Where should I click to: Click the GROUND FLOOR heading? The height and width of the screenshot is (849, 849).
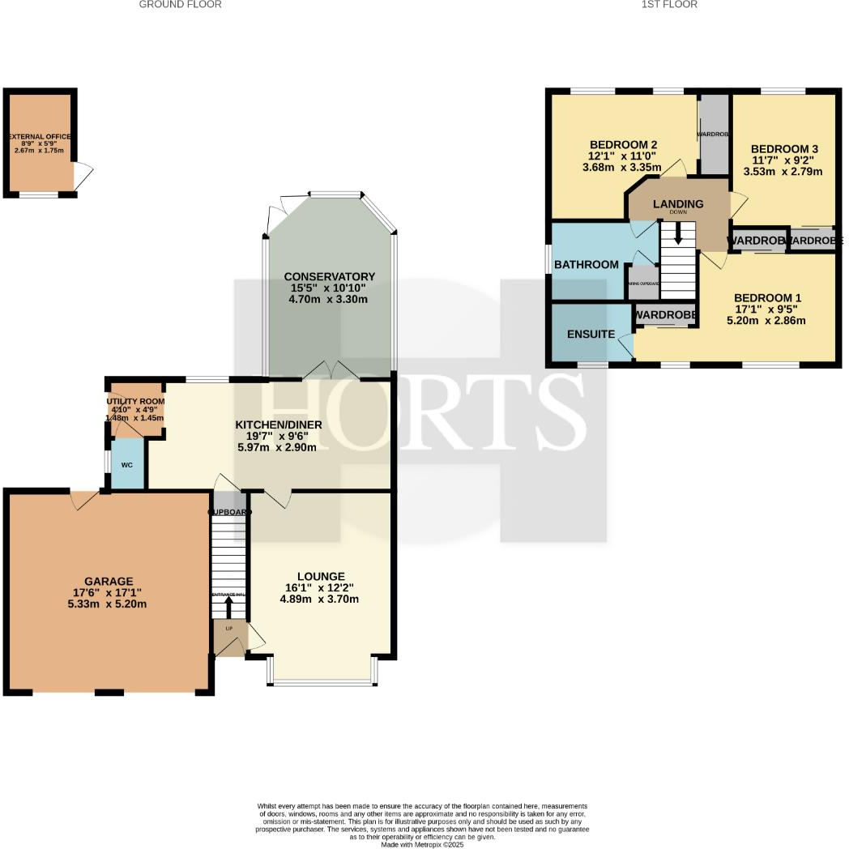(x=180, y=5)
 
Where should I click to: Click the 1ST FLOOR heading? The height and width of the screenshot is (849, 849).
(x=668, y=5)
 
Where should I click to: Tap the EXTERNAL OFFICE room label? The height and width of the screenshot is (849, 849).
(x=39, y=137)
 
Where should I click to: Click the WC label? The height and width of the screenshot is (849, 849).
(x=126, y=466)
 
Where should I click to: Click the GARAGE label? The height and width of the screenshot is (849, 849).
(x=109, y=581)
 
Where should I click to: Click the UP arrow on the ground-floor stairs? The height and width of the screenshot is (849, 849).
(x=228, y=605)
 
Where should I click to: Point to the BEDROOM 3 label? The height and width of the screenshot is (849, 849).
(x=784, y=149)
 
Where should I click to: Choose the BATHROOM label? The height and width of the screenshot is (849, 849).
(x=587, y=265)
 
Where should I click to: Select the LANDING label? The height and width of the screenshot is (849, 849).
(x=678, y=204)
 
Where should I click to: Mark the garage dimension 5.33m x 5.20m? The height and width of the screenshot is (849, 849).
(x=109, y=604)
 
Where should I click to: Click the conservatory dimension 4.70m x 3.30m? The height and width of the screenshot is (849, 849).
(x=328, y=299)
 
